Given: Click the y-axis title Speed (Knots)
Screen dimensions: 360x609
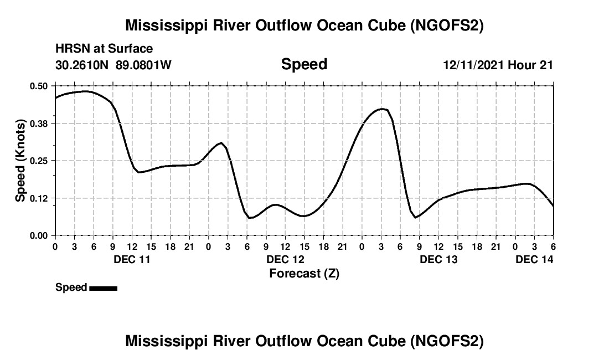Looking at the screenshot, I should tap(20, 161).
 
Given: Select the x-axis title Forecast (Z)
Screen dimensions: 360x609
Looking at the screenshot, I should tap(304, 273).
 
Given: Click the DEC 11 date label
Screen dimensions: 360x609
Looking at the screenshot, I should tap(131, 259).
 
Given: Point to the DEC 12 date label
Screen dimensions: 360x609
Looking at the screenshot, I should tap(285, 259).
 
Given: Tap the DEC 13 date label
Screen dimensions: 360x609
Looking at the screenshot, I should tap(438, 259).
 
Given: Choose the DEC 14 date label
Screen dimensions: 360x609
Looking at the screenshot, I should tap(534, 259).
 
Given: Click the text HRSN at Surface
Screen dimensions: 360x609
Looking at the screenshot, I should tap(104, 49).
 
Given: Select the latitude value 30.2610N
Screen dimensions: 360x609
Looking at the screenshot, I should tap(83, 65).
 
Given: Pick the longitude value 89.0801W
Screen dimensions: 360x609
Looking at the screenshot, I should tap(143, 65).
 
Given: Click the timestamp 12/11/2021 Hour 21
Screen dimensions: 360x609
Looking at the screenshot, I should tap(498, 65).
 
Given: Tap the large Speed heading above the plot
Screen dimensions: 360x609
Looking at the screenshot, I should tap(304, 64).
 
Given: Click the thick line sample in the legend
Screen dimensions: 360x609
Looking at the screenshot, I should tap(103, 287).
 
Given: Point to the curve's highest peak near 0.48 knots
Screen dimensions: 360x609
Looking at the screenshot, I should tap(86, 91).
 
